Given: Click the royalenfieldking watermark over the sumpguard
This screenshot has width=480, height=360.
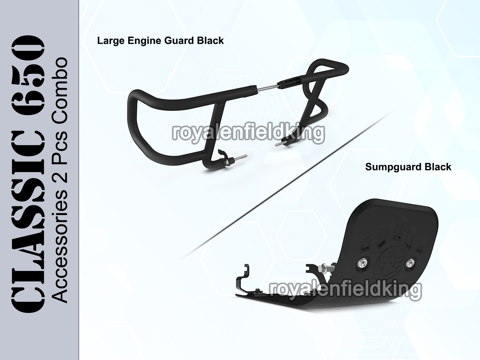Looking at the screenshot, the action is pyautogui.click(x=345, y=290).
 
